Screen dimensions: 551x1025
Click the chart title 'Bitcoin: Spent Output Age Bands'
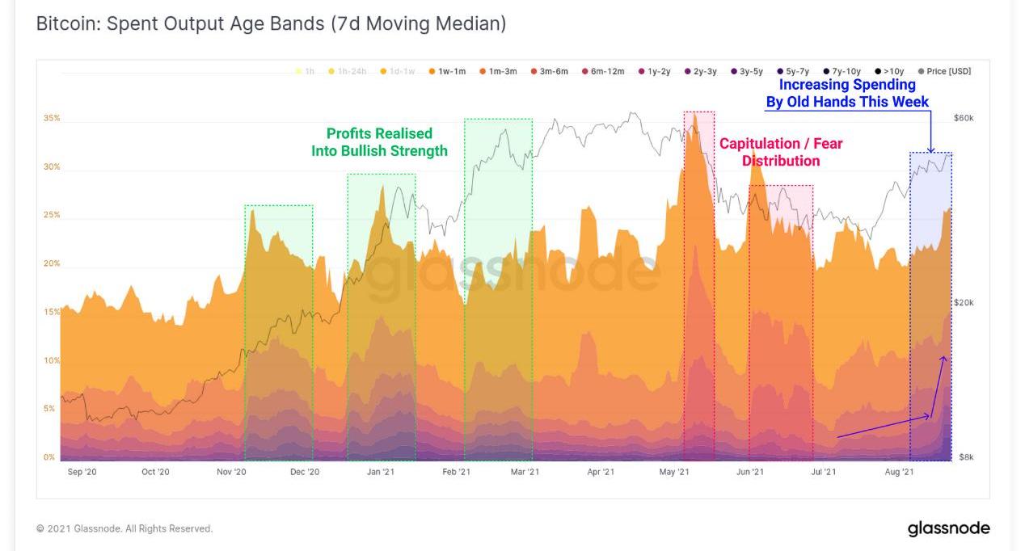click(x=271, y=24)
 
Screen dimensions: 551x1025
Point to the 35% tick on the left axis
click(x=52, y=119)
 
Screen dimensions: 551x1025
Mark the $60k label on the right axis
click(x=964, y=119)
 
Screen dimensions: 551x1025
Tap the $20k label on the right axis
click(x=964, y=303)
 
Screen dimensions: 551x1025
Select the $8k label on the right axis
click(x=965, y=457)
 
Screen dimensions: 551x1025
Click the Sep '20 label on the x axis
click(x=82, y=472)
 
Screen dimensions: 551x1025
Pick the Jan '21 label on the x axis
click(x=380, y=472)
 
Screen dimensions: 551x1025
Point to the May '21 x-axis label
click(x=674, y=472)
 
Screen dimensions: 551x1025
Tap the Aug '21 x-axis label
click(x=899, y=472)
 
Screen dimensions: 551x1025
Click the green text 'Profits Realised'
click(x=379, y=133)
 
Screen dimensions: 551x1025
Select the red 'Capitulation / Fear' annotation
click(x=781, y=144)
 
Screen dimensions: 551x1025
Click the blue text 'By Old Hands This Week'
click(x=847, y=102)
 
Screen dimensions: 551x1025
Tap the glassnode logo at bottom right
click(x=948, y=528)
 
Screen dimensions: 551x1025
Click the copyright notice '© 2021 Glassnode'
click(x=124, y=529)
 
